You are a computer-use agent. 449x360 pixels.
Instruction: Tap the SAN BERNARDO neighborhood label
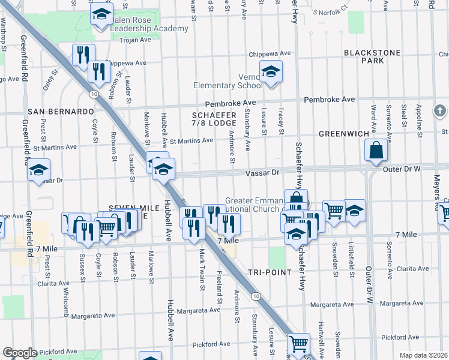61,112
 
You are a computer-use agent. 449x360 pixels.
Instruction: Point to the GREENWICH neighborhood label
340,133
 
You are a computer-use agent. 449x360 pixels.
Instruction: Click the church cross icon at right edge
440,111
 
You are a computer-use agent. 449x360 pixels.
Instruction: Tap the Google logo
20,353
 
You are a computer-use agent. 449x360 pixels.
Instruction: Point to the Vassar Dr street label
263,172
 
